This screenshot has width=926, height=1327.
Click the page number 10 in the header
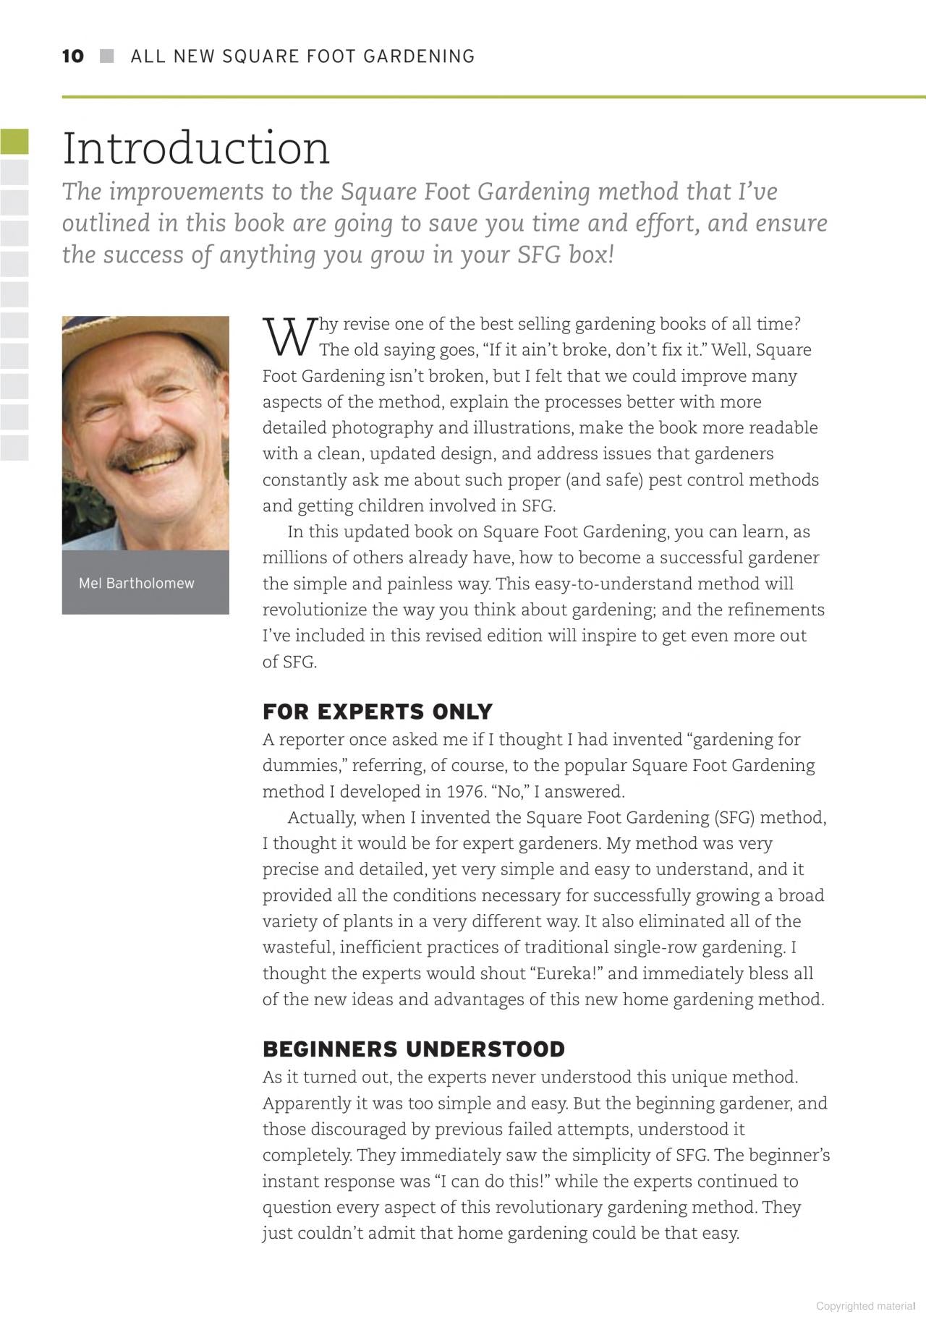coord(73,56)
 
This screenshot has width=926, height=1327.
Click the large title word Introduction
coord(196,148)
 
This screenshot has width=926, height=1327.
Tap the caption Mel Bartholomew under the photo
coord(137,584)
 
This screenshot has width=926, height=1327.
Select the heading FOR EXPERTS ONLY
coord(377,712)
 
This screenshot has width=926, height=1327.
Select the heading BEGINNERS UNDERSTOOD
coord(413,1049)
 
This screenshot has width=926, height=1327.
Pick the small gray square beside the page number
coord(107,56)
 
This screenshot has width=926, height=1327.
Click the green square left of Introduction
coord(14,142)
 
